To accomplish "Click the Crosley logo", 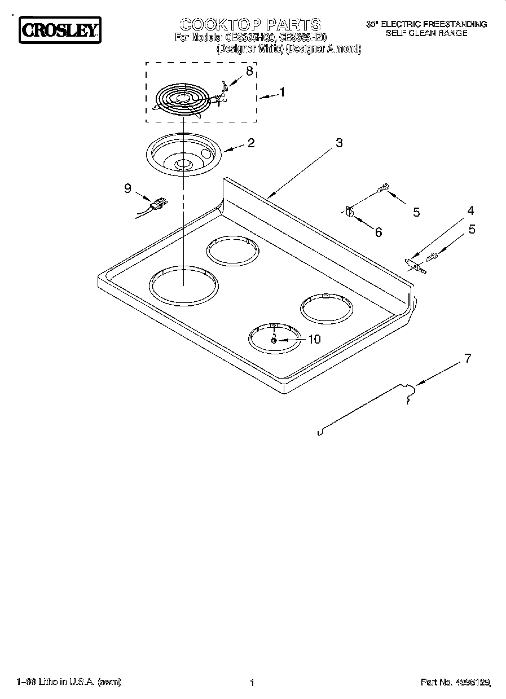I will (x=60, y=30).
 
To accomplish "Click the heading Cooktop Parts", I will (x=250, y=24).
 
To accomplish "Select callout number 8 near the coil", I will (x=249, y=71).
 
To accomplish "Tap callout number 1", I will (x=282, y=92).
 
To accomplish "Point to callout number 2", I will (x=250, y=143).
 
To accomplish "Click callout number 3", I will (x=338, y=143).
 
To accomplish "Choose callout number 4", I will (x=470, y=211).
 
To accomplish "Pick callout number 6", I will (x=378, y=232).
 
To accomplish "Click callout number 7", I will (x=468, y=358).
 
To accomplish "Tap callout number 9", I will (x=127, y=188).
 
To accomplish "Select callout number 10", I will (x=314, y=339).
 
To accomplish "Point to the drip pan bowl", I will (x=182, y=155).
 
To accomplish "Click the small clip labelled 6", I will (x=349, y=213).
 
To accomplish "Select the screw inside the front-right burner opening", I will (x=274, y=340).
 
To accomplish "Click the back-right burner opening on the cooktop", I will (x=326, y=307).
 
